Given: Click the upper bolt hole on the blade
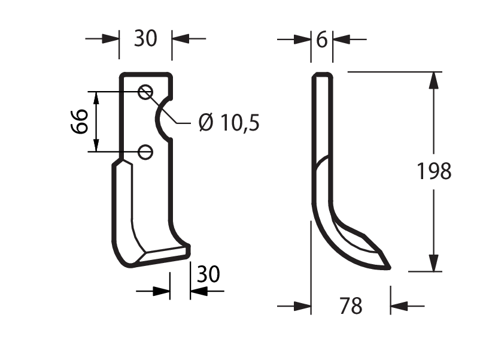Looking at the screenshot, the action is point(145,92).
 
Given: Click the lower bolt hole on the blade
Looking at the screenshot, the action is point(145,152).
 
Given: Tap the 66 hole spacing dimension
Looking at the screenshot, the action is point(80,122).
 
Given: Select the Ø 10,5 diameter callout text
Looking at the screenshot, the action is point(229,122).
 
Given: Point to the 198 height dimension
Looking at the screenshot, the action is point(434,171).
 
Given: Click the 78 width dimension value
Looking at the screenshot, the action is point(351,305).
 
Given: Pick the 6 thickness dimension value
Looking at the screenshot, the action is point(322,40).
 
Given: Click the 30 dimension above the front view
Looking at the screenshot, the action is point(145,38).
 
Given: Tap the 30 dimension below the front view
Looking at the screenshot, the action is point(208,274).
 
